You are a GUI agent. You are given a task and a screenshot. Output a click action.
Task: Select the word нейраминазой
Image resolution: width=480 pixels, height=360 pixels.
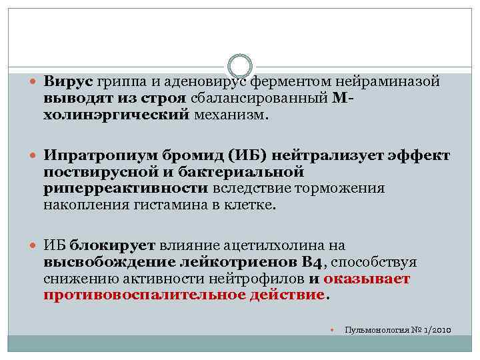pyautogui.click(x=387, y=81)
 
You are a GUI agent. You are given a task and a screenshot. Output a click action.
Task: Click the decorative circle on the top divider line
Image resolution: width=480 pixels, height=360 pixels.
pyautogui.click(x=240, y=66)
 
